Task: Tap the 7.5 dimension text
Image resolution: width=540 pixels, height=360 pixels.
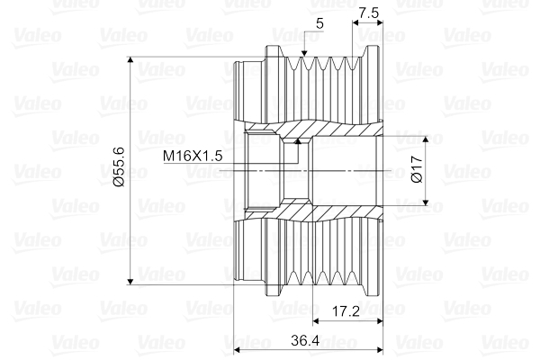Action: [368, 13]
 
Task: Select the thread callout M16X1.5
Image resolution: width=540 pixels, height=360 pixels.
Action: [193, 156]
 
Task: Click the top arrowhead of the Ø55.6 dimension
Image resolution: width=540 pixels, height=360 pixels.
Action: [131, 63]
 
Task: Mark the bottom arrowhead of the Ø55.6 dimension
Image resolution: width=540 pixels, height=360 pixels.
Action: [131, 280]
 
